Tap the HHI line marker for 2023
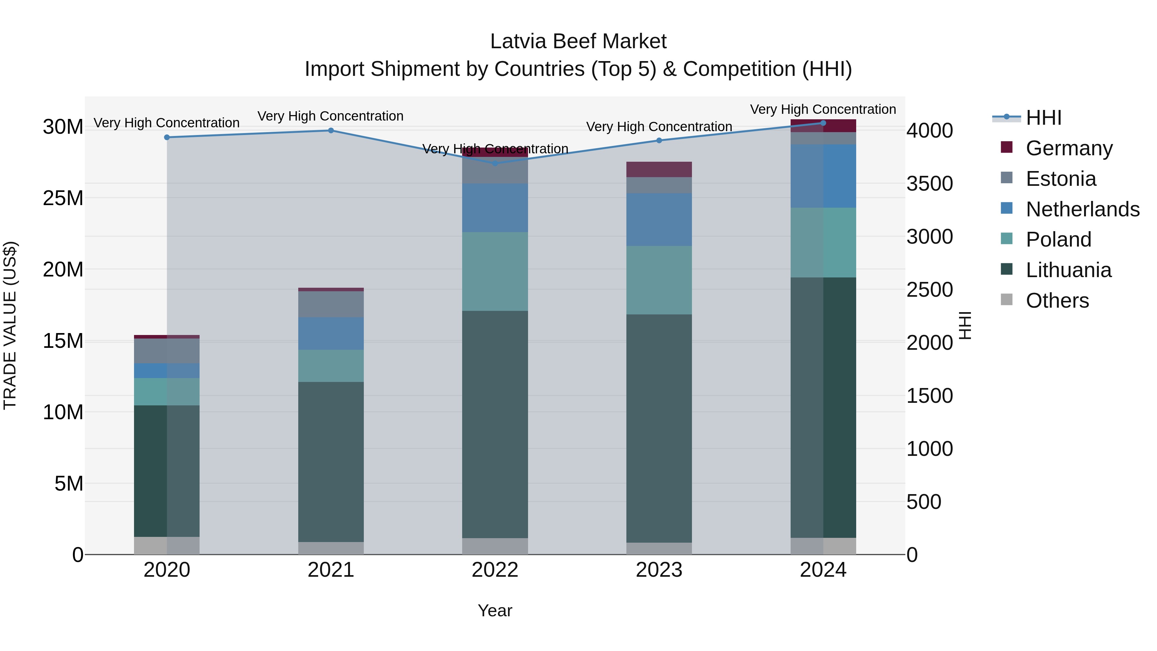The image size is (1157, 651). (x=659, y=140)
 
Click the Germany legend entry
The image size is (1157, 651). (x=1069, y=148)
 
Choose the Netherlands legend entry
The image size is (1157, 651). (x=1082, y=209)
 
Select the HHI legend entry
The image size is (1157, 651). (x=1043, y=118)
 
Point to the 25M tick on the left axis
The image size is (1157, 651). (x=63, y=198)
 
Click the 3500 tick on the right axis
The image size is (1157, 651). (x=929, y=184)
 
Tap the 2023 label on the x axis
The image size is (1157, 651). (x=659, y=570)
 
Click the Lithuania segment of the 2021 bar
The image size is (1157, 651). (x=331, y=462)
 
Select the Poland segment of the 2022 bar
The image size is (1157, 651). (x=495, y=271)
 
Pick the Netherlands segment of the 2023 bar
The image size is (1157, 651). (x=659, y=220)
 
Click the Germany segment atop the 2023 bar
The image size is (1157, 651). (x=659, y=169)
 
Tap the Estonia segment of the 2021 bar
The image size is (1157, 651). (x=331, y=304)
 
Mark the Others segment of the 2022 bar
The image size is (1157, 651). (x=495, y=546)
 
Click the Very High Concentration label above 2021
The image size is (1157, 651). (x=331, y=116)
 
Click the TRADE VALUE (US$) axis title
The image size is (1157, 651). (x=10, y=325)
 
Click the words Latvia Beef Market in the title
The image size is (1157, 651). (x=578, y=41)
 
